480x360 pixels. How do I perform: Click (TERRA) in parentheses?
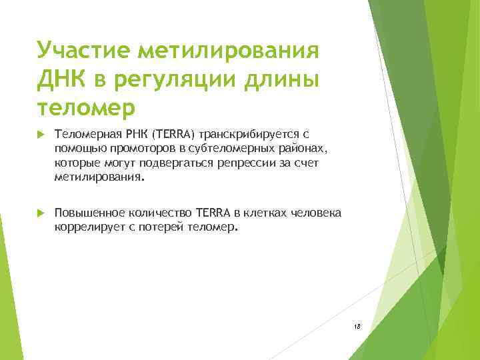point(172,135)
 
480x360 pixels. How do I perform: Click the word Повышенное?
point(86,213)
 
